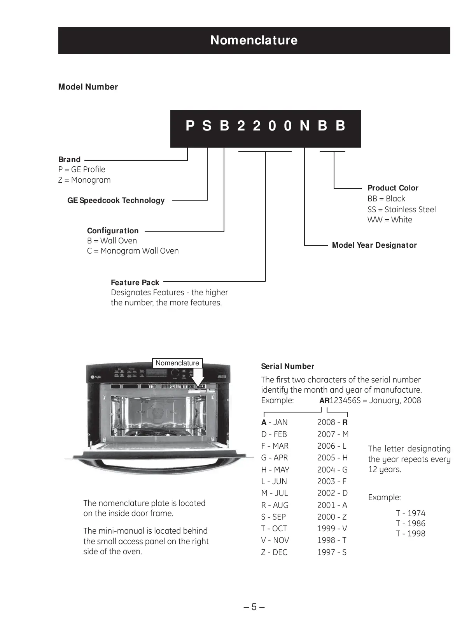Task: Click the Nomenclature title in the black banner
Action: pos(254,40)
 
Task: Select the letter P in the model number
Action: pos(190,126)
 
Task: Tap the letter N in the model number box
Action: pos(304,126)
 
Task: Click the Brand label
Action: pos(69,159)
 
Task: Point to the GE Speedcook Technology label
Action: pos(116,200)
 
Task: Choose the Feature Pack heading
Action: pos(135,282)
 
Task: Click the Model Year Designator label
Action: pos(374,245)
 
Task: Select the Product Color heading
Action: pos(393,188)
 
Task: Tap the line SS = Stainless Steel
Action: pos(401,210)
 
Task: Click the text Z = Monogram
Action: pos(84,180)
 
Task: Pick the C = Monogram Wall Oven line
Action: pos(133,251)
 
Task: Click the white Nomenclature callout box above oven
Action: pos(177,363)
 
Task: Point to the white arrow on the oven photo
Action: pos(198,378)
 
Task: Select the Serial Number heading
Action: pos(287,366)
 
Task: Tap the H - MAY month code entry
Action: pos(275,470)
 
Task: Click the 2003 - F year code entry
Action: pos(332,481)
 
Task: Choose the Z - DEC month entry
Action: pos(274,552)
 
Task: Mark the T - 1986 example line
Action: pos(411,524)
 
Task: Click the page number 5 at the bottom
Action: pos(254,607)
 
